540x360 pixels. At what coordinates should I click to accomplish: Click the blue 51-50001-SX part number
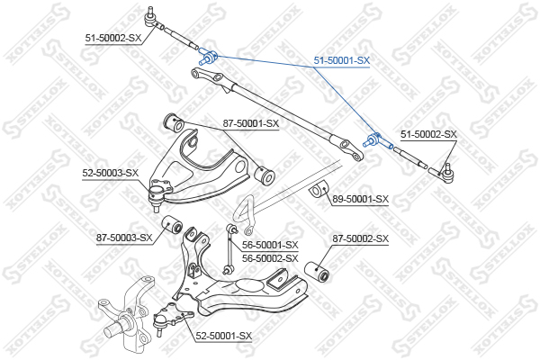coord(342,60)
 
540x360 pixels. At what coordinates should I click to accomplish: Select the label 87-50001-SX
coord(251,123)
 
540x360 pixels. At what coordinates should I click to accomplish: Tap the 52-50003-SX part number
coord(110,173)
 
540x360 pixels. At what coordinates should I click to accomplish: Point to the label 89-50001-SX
coord(360,199)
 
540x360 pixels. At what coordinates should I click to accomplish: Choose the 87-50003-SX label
coord(124,238)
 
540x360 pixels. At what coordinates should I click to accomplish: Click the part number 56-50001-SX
coord(270,245)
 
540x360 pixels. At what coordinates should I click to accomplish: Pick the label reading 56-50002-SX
coord(270,258)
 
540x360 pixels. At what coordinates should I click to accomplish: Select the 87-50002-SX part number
coord(360,238)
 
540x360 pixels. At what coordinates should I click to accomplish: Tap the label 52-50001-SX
coord(224,335)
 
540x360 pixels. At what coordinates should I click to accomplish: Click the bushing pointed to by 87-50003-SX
coord(172,224)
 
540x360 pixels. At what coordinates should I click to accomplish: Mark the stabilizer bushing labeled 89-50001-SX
coord(319,190)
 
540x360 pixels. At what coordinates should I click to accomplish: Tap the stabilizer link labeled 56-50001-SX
coord(229,249)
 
